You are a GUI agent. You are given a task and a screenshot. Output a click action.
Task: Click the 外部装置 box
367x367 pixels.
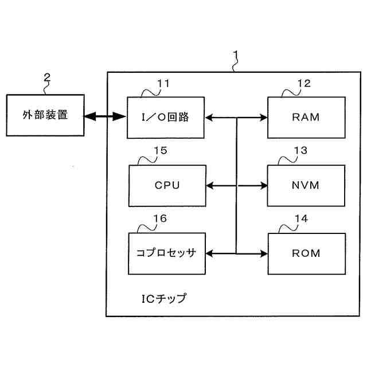(x=45, y=115)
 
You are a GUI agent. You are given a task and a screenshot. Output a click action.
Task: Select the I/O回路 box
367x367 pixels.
(x=166, y=118)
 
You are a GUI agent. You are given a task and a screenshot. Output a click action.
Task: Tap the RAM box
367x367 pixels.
(x=306, y=118)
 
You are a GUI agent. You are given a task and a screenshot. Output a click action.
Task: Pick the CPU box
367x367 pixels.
(x=167, y=186)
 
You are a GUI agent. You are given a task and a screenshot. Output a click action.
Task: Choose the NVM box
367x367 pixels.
(x=306, y=186)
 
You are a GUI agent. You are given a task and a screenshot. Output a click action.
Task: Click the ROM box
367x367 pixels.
(x=307, y=253)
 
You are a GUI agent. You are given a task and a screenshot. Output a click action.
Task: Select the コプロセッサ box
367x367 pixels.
(x=167, y=253)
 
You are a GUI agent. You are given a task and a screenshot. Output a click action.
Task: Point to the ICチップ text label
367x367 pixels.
(x=164, y=299)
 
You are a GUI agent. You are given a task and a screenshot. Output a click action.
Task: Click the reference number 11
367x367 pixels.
(x=163, y=84)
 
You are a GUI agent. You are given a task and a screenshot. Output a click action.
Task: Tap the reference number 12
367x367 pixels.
(x=304, y=84)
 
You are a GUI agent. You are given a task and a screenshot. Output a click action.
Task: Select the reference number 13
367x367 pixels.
(x=300, y=150)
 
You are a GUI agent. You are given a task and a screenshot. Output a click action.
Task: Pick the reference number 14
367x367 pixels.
(x=301, y=218)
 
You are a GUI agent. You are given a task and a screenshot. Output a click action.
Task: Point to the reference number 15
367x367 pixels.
(x=161, y=150)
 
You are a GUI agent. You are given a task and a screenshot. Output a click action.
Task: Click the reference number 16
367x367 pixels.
(x=160, y=218)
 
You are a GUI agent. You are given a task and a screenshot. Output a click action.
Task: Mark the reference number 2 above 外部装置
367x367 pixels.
(x=47, y=77)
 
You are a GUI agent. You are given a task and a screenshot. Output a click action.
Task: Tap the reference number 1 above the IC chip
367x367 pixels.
(x=236, y=55)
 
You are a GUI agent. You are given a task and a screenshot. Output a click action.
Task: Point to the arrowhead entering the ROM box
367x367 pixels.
(x=264, y=253)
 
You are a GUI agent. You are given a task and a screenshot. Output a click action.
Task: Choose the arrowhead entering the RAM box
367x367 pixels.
(x=264, y=118)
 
